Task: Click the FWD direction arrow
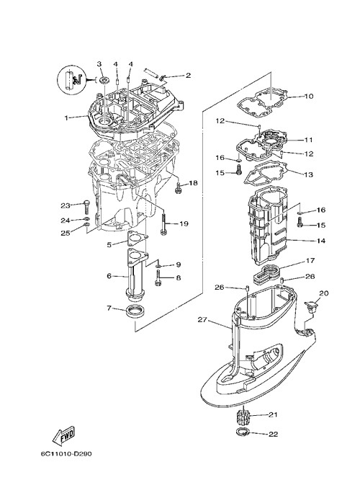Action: click(x=63, y=435)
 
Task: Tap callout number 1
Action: click(x=66, y=117)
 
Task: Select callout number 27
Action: click(x=202, y=320)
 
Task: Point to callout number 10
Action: click(x=309, y=96)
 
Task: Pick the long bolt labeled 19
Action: click(x=164, y=224)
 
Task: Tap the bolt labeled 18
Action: click(x=178, y=187)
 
